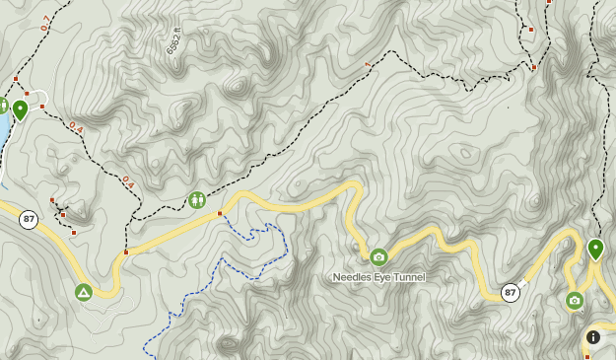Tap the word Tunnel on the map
click(408, 277)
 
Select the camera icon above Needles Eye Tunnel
click(378, 257)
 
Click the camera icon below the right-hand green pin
click(575, 300)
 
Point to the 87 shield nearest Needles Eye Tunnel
click(510, 292)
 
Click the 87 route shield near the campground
click(28, 220)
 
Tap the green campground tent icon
click(84, 292)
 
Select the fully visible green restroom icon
click(197, 200)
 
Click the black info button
click(592, 337)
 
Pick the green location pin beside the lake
click(20, 108)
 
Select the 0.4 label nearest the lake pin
click(76, 127)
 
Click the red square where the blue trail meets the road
click(221, 212)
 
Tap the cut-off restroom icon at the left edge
click(3, 105)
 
